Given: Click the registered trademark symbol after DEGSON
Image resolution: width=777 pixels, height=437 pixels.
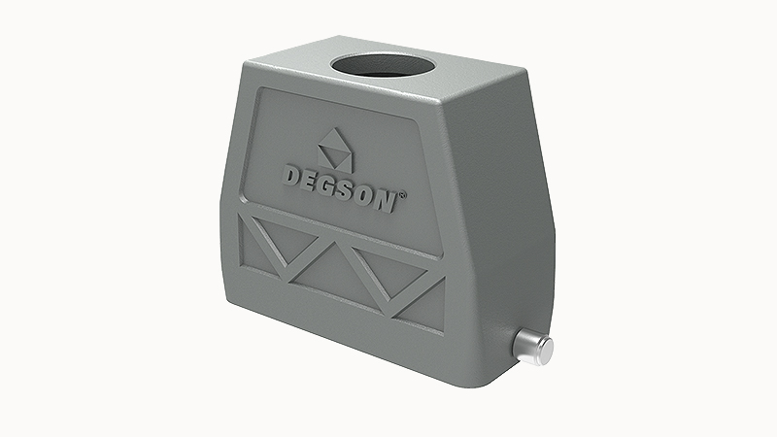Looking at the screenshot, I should pos(404,194).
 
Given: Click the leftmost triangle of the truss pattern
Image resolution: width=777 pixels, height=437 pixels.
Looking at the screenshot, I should pos(254,248).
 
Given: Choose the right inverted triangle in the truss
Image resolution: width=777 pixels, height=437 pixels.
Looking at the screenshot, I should pos(388,262).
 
